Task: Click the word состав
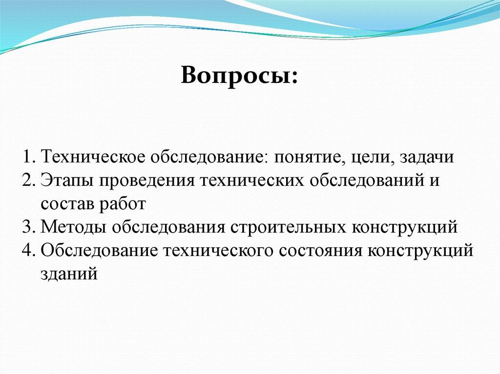[x=67, y=204]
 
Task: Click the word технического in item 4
[x=219, y=251]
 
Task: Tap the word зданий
[x=69, y=275]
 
